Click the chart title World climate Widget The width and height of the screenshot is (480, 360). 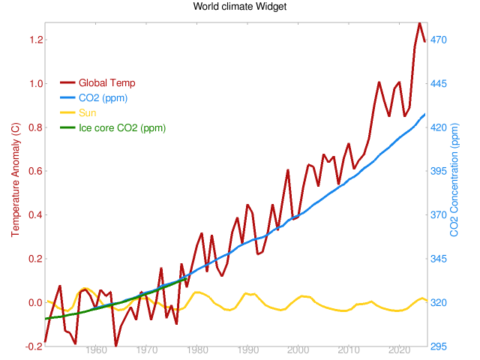pyautogui.click(x=240, y=7)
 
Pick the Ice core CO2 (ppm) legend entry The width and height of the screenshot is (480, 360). pyautogui.click(x=122, y=128)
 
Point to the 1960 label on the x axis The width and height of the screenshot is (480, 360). pyautogui.click(x=96, y=350)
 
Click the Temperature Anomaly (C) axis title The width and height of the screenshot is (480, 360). pyautogui.click(x=16, y=184)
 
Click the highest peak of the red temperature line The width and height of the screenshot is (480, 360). pyautogui.click(x=419, y=22)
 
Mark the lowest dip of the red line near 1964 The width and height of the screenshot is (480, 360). pyautogui.click(x=115, y=345)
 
